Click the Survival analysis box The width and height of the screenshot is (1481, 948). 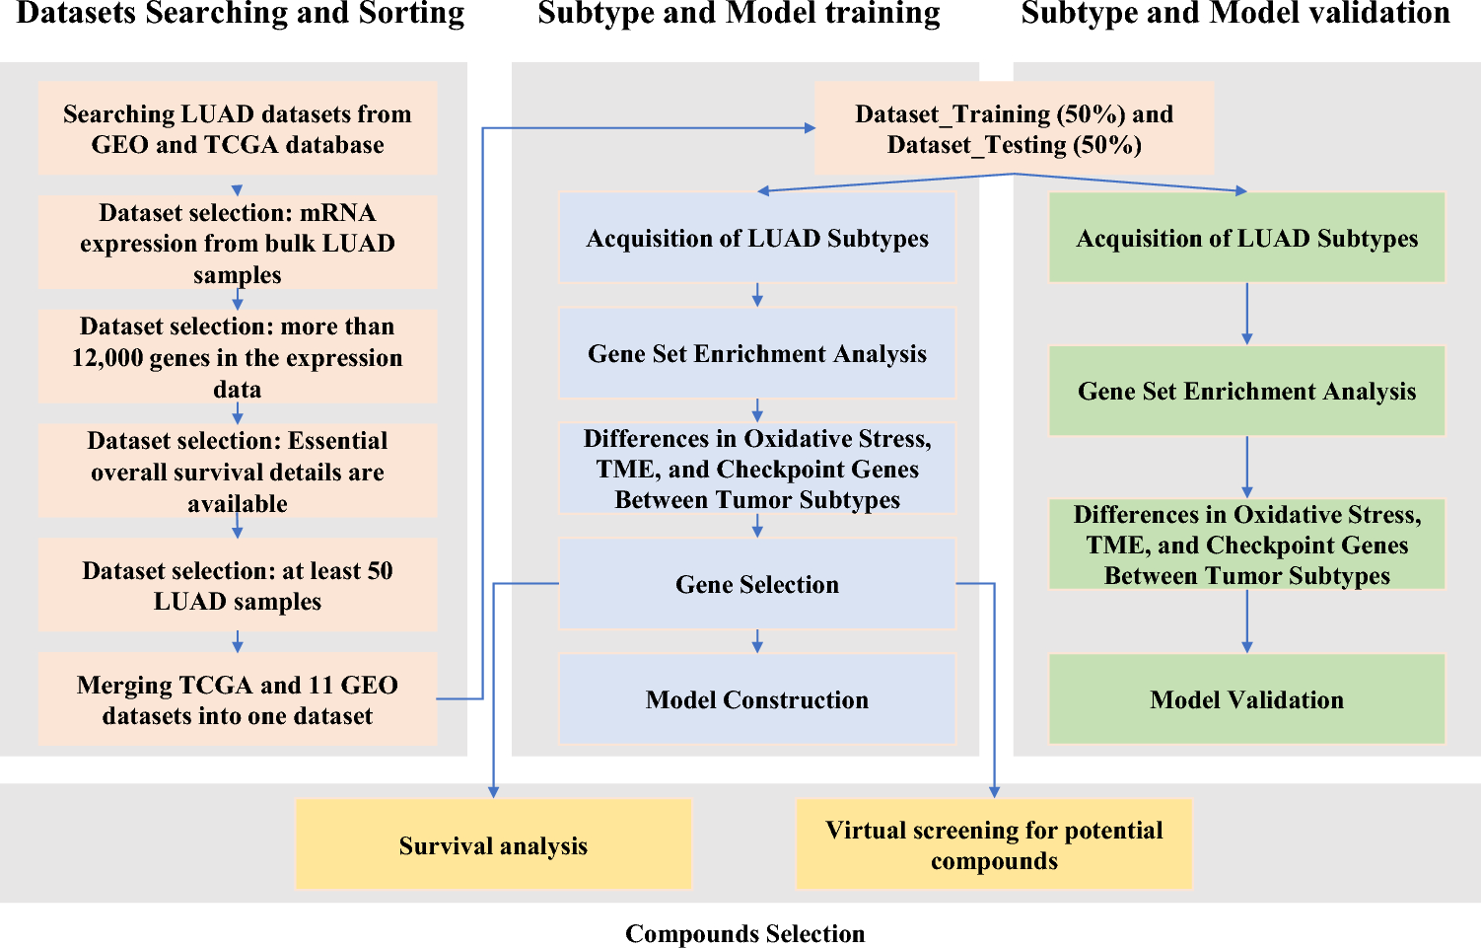coord(493,845)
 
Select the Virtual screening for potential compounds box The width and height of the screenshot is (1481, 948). coord(994,845)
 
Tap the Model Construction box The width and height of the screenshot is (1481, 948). coord(756,699)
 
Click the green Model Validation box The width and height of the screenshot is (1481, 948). coord(1246,699)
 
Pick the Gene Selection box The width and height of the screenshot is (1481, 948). coord(756,584)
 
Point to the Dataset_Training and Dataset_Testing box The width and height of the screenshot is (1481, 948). coord(1014,129)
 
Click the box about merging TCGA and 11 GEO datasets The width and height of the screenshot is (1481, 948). coord(237,699)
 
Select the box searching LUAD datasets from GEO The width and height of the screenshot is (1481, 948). coord(237,129)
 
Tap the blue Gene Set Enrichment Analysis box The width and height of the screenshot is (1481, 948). coord(756,353)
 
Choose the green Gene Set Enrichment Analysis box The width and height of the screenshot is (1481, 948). coord(1246,391)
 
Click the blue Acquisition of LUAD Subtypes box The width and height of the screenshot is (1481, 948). coord(756,238)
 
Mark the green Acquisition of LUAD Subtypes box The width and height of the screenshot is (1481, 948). coord(1246,238)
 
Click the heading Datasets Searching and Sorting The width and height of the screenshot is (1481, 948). coord(241,14)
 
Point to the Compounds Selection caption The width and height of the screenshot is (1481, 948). coord(744,933)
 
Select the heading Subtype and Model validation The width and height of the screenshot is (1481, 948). coord(1235,14)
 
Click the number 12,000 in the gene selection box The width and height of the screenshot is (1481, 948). coord(105,358)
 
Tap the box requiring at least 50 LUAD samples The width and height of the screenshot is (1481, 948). coord(237,585)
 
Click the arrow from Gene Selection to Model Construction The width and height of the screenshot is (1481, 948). coord(757,641)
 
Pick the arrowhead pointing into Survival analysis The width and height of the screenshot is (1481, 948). coord(493,791)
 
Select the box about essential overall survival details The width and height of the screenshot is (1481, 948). coord(237,472)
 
